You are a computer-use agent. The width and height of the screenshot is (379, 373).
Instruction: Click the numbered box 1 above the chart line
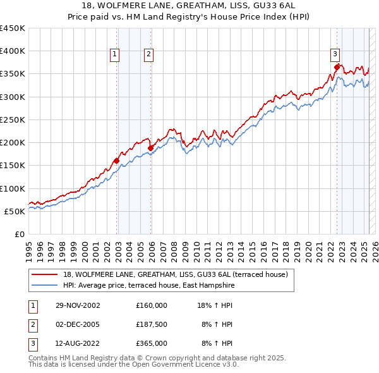[x=114, y=54]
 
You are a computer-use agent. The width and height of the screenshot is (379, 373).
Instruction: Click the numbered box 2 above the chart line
[x=148, y=54]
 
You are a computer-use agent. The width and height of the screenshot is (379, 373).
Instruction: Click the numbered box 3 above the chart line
[x=335, y=54]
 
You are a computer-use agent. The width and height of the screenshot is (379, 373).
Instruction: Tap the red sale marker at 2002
[x=117, y=161]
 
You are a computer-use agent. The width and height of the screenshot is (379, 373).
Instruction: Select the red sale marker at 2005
[x=151, y=148]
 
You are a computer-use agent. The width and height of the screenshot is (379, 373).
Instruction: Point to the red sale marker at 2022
[x=337, y=66]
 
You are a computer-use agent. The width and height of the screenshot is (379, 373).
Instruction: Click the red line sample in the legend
[x=44, y=274]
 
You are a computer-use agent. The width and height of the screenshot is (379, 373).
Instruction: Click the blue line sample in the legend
[x=44, y=286]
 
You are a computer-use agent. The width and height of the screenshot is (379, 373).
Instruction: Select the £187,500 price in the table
[x=152, y=324]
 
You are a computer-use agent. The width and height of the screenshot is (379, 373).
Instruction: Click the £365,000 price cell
[x=152, y=343]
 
